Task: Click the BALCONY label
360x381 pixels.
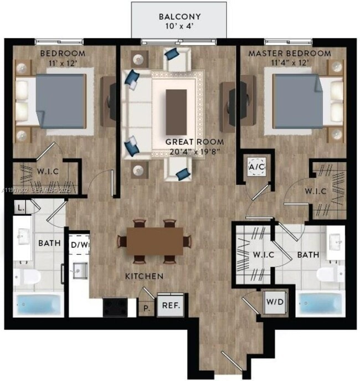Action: [x=179, y=16]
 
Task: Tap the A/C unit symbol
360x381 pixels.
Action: [x=256, y=166]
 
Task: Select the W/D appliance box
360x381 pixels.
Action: [x=273, y=302]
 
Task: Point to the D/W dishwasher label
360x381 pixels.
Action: [x=80, y=244]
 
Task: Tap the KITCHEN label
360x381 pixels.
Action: [x=143, y=275]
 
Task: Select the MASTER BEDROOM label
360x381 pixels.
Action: [x=290, y=54]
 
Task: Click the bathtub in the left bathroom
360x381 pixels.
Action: [x=38, y=304]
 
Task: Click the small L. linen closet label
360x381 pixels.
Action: [x=20, y=208]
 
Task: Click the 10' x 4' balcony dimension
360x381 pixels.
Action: [x=179, y=26]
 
